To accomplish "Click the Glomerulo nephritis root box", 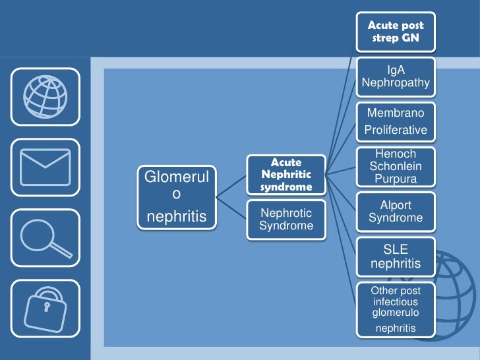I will [176, 196].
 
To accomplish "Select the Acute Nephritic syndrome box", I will [285, 175].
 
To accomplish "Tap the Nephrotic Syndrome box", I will [285, 220].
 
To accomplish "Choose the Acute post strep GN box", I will [396, 32].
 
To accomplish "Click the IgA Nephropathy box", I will [396, 76].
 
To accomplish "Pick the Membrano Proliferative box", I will [396, 122].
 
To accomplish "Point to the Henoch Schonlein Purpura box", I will [396, 166].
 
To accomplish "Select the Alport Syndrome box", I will [396, 212].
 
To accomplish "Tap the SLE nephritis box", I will [396, 257].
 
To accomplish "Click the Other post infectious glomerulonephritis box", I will [396, 309].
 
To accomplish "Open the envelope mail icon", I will [45, 167].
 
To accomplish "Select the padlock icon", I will [45, 309].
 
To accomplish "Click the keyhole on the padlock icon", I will [46, 309].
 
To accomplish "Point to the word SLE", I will [396, 249].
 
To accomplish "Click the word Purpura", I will [396, 179].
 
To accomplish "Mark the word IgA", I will [396, 69].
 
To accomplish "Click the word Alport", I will [396, 204].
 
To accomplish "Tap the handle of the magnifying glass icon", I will [61, 249].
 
